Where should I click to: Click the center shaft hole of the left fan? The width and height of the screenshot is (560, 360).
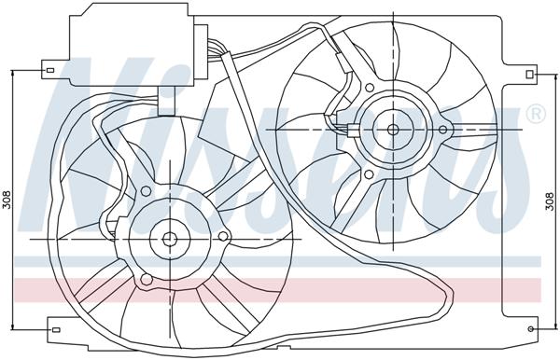point(170,238)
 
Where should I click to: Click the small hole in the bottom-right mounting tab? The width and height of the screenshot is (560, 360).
point(533,328)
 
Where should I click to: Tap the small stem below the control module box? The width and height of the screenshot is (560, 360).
point(168,101)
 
